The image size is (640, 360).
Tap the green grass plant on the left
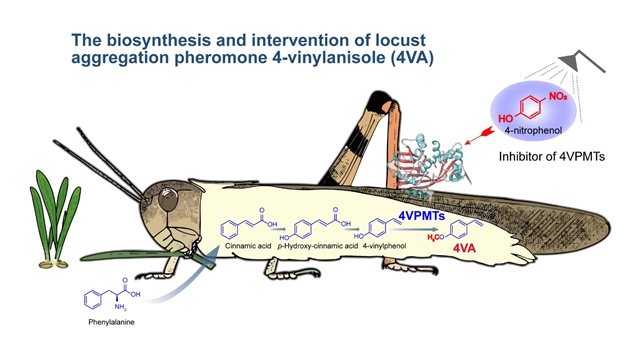coord(44,226)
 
